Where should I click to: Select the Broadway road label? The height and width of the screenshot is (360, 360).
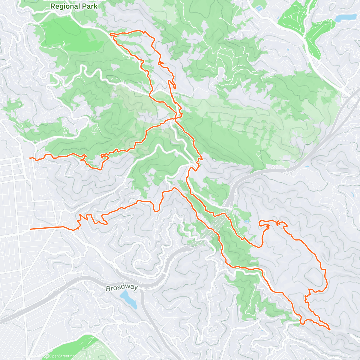tap(121, 288)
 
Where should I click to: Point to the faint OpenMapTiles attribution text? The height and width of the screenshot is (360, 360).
tap(28, 356)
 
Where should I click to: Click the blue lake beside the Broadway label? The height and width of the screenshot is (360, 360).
tap(129, 298)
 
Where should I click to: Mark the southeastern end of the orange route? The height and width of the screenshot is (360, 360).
tap(329, 329)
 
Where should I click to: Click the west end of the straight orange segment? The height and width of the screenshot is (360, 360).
tap(31, 229)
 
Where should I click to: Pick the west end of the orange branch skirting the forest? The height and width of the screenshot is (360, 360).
tap(30, 157)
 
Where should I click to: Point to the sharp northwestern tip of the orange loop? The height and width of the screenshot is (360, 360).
tap(111, 34)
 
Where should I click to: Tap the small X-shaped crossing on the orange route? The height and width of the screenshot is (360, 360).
tap(278, 223)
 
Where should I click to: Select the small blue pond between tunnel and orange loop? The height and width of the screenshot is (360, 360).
tap(247, 221)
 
